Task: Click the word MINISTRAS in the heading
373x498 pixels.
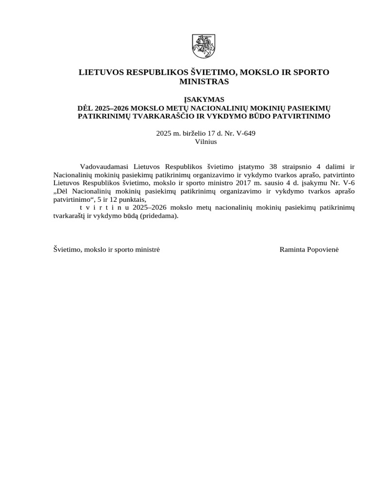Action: coord(204,82)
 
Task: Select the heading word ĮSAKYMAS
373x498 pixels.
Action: coord(204,99)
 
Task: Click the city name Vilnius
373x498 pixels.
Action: coord(205,142)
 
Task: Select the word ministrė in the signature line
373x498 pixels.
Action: coord(146,249)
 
